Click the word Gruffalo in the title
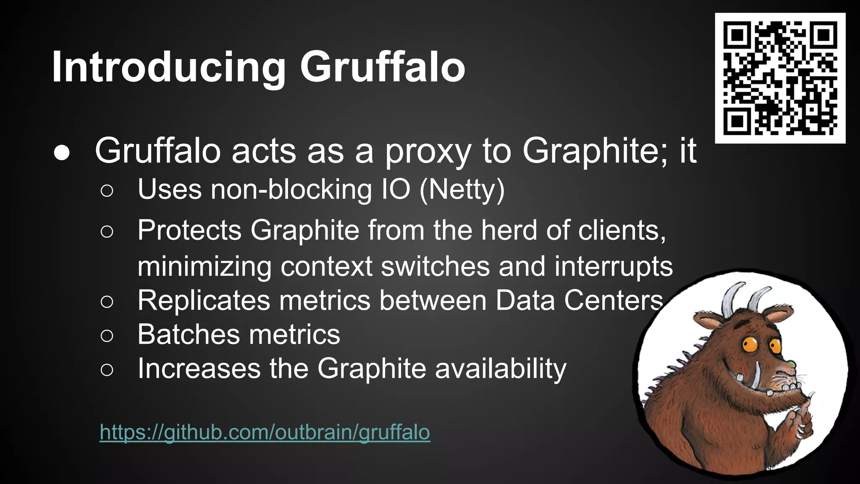382,67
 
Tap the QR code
780,78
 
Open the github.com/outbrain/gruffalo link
265,432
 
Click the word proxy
428,151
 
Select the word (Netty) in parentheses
462,189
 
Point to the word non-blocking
291,189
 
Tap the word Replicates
204,300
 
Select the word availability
501,369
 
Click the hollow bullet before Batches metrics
107,335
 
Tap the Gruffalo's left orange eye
749,345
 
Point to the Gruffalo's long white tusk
756,376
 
